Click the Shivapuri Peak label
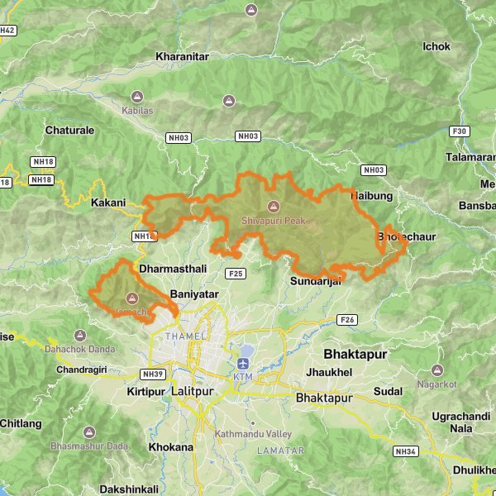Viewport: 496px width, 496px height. coord(274,221)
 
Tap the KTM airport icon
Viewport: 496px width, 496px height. coord(243,365)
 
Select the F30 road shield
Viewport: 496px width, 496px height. coord(459,131)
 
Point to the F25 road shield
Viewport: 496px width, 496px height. coord(236,273)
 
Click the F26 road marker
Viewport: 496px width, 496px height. coord(347,319)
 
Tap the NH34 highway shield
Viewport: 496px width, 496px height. coord(406,451)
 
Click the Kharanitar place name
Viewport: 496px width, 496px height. coord(182,56)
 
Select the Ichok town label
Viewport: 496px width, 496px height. coord(436,46)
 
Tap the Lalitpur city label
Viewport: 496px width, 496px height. coord(193,389)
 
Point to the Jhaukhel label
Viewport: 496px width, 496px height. coord(329,372)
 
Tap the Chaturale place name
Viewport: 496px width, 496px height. coord(69,131)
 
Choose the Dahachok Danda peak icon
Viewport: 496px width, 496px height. coord(79,335)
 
